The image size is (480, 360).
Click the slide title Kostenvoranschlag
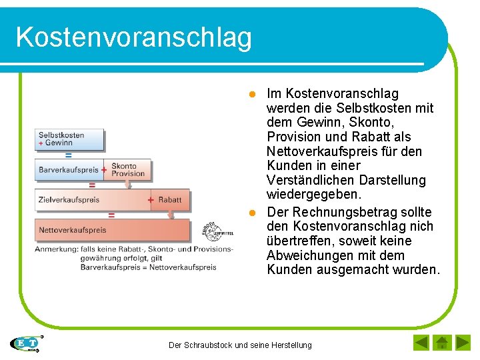coord(133,37)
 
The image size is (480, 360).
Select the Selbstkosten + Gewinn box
coord(70,139)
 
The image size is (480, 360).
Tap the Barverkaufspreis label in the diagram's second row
coord(68,170)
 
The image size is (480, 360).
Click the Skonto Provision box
coord(128,170)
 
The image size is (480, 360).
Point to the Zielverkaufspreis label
coord(69,200)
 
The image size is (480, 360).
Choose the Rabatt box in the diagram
coord(169,200)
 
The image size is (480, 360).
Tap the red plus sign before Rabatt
coord(151,200)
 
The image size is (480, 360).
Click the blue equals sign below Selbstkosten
coord(68,155)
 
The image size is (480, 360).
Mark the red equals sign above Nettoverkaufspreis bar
coord(111,215)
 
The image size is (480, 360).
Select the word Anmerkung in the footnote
coord(56,249)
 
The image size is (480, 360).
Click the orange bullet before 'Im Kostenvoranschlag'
coord(253,94)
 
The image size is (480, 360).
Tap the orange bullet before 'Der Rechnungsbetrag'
coord(253,213)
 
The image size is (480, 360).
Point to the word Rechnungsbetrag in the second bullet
coord(335,212)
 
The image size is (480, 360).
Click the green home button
coord(441,343)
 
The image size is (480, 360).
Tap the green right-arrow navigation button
coord(462,343)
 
